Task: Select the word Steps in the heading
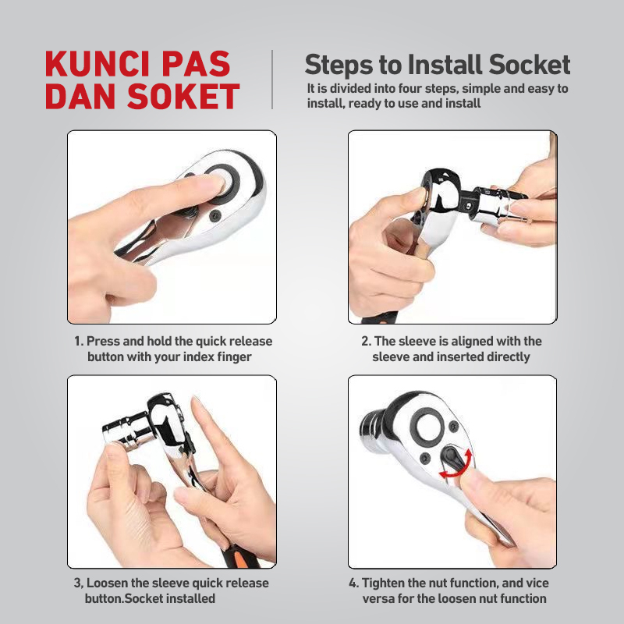pyautogui.click(x=338, y=64)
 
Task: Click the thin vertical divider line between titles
pyautogui.click(x=272, y=79)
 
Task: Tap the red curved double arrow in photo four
pyautogui.click(x=457, y=466)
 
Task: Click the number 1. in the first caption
pyautogui.click(x=79, y=342)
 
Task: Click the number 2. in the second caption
pyautogui.click(x=365, y=342)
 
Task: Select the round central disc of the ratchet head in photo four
pyautogui.click(x=427, y=426)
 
